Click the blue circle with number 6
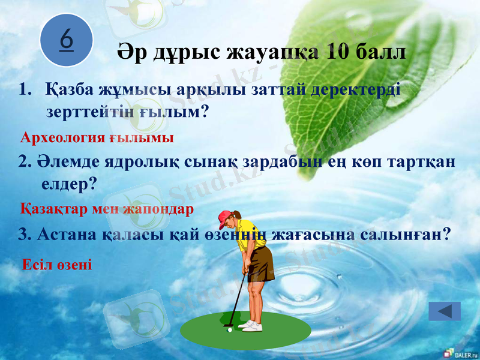click(67, 40)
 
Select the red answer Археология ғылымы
click(97, 138)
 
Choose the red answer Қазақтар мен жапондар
click(107, 209)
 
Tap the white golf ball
click(230, 329)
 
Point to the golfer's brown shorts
click(260, 263)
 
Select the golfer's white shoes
click(251, 325)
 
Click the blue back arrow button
click(445, 311)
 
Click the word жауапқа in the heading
click(272, 52)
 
